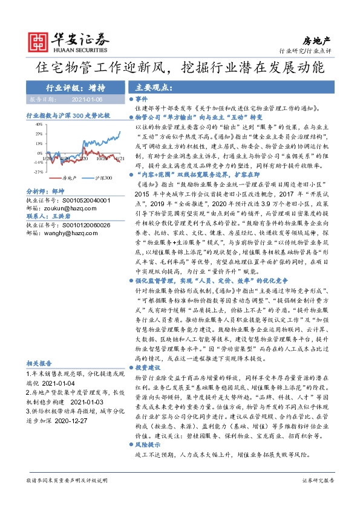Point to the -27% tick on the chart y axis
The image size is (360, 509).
(38, 172)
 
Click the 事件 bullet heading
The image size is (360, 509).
(141, 98)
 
